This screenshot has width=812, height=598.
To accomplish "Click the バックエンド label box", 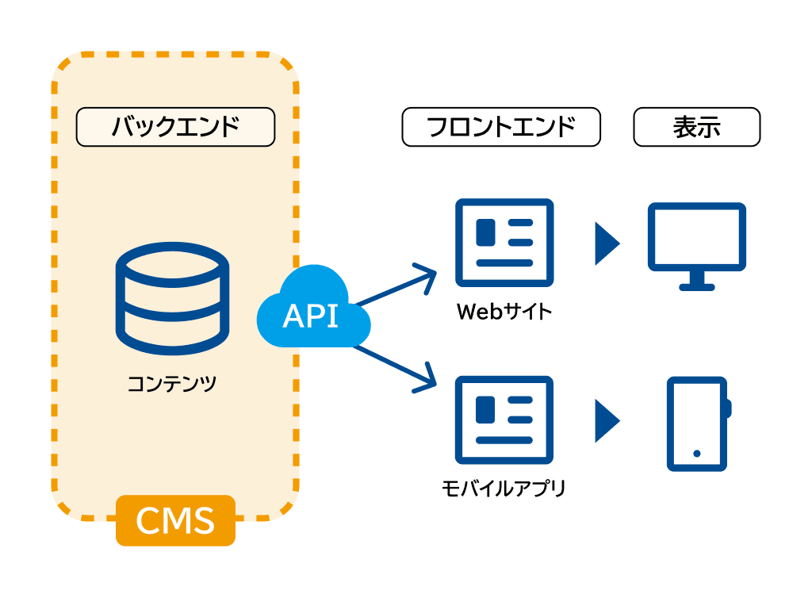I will pyautogui.click(x=175, y=127).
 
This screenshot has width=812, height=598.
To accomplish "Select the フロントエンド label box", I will pyautogui.click(x=501, y=127).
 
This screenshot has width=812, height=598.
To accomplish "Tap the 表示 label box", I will pyautogui.click(x=696, y=127).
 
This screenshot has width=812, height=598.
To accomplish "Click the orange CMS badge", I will pyautogui.click(x=175, y=520).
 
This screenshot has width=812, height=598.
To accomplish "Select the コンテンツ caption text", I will pyautogui.click(x=172, y=385).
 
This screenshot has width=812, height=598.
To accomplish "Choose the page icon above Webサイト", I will pyautogui.click(x=504, y=243).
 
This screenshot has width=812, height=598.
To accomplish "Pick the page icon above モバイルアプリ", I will pyautogui.click(x=504, y=420).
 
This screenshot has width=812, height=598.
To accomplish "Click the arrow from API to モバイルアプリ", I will pyautogui.click(x=397, y=366).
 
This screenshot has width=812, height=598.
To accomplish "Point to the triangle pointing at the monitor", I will pyautogui.click(x=606, y=243).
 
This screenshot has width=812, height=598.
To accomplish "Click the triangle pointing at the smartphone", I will pyautogui.click(x=606, y=420).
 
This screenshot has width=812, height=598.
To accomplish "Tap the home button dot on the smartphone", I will pyautogui.click(x=697, y=454).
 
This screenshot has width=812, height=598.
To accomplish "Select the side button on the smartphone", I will pyautogui.click(x=729, y=408).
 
